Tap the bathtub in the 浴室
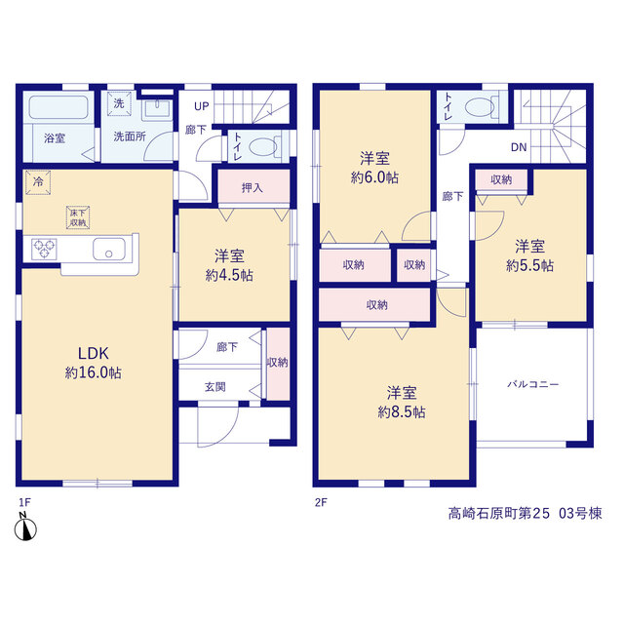coord(58,107)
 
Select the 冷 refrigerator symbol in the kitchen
coord(38,182)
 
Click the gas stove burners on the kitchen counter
coord(44,249)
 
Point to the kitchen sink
coord(108,249)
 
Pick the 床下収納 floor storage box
coord(78,217)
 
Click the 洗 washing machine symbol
coord(119,103)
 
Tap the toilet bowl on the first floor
coord(263,147)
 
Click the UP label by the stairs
coord(202,106)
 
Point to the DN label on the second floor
coord(519,147)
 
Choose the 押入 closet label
coord(253,187)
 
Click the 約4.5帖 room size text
coord(229,275)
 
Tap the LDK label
coord(94,353)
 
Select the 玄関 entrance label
coord(214,386)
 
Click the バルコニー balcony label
coord(533,384)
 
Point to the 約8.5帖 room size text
coord(402,411)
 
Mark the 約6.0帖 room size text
coord(374,177)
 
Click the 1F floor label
coord(24,503)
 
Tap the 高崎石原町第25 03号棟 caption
coord(525,514)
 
